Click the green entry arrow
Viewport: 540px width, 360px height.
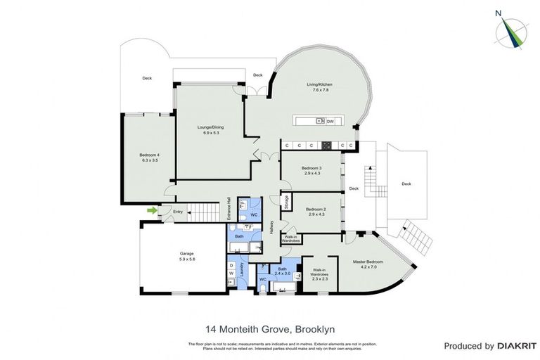[x=151, y=210]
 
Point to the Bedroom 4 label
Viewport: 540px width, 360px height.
[x=149, y=157]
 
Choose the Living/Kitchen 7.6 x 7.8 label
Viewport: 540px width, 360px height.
[x=317, y=87]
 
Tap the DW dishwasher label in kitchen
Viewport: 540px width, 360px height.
[x=329, y=122]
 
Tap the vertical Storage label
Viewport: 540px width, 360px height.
[x=287, y=202]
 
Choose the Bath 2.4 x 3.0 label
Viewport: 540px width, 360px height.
[x=282, y=271]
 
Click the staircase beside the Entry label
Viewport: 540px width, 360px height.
[x=203, y=212]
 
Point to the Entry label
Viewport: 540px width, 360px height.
[x=178, y=212]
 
